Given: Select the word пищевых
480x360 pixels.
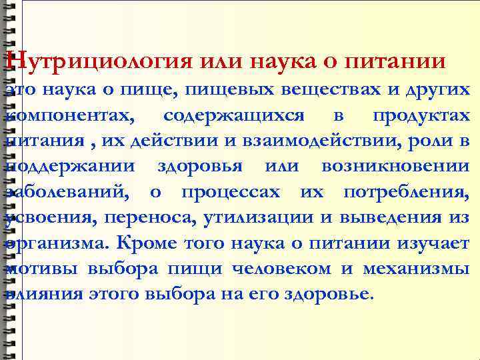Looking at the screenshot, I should pyautogui.click(x=220, y=90).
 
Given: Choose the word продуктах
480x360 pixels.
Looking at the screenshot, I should pyautogui.click(x=421, y=115).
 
